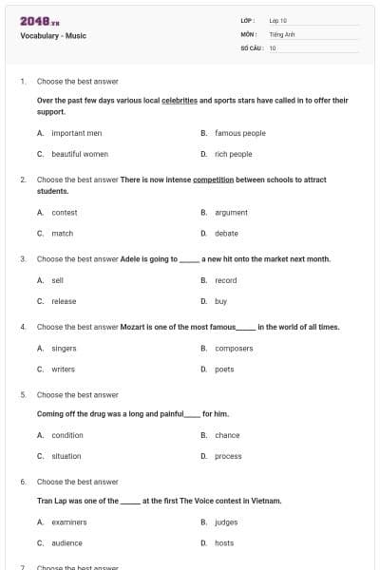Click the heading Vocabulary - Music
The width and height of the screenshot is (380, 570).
click(x=53, y=36)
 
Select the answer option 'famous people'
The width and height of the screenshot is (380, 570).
click(x=239, y=133)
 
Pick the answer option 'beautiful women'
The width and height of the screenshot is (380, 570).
click(x=79, y=154)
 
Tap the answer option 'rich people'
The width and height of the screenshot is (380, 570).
click(x=233, y=154)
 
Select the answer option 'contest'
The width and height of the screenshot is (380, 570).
click(x=64, y=213)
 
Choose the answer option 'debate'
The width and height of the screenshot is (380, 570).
click(x=226, y=233)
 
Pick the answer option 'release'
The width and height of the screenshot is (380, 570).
click(x=64, y=301)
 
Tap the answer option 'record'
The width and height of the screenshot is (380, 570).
click(x=225, y=280)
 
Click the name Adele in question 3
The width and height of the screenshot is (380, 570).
click(x=131, y=258)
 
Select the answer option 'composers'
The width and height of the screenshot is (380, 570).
click(x=234, y=349)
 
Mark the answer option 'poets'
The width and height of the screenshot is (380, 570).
click(x=224, y=369)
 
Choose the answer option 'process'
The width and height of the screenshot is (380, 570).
click(x=228, y=456)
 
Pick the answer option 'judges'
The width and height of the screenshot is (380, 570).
click(x=226, y=522)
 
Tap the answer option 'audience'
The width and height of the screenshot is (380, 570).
click(x=66, y=542)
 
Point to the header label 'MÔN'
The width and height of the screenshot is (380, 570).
click(x=249, y=33)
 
